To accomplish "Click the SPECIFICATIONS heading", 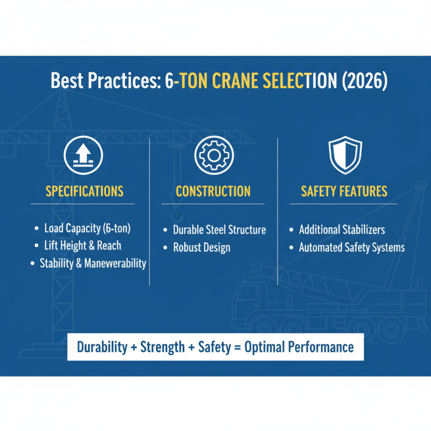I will coord(85,191).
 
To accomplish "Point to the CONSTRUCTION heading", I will coord(213,191).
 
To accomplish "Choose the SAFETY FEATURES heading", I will coord(344,191).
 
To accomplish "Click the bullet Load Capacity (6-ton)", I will coord(87,228).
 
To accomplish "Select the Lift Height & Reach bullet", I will coord(82,246).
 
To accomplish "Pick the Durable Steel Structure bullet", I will coord(219,230).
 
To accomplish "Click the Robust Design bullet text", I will coord(201,248).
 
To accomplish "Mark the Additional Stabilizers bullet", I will coord(342,230).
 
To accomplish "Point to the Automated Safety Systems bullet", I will coord(352,248).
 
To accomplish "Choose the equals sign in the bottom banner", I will coord(237,347).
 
